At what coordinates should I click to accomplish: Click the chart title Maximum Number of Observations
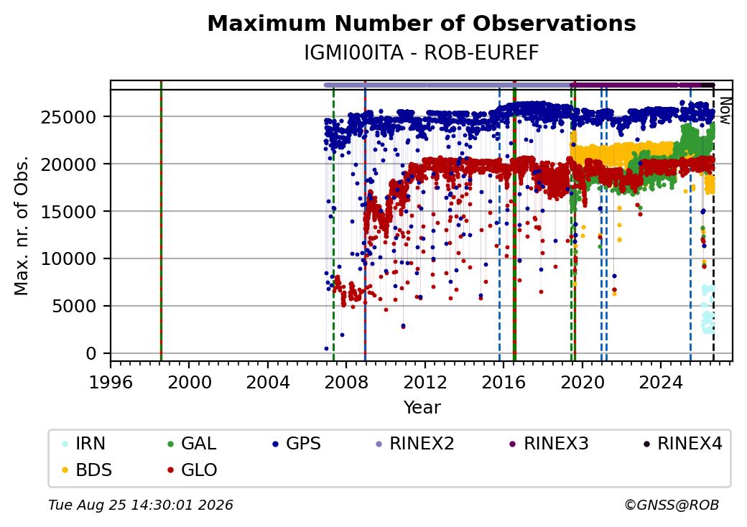(x=422, y=23)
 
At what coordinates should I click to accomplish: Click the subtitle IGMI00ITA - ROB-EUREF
(x=422, y=53)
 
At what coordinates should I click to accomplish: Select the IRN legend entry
(x=84, y=443)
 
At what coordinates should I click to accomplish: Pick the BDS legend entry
(x=87, y=470)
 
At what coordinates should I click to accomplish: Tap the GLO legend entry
(x=192, y=470)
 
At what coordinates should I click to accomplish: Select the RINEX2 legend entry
(x=415, y=443)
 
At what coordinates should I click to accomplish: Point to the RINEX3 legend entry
(x=549, y=443)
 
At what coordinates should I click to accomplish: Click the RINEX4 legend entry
(x=682, y=443)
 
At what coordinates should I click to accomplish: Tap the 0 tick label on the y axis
(x=91, y=354)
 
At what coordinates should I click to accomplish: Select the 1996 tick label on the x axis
(x=111, y=382)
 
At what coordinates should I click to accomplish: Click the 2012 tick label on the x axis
(x=425, y=382)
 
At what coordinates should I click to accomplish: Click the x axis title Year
(x=422, y=408)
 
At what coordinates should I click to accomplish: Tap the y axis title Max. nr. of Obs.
(x=21, y=225)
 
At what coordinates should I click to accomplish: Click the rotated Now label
(x=725, y=111)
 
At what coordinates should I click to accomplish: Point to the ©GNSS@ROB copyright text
(x=672, y=505)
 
